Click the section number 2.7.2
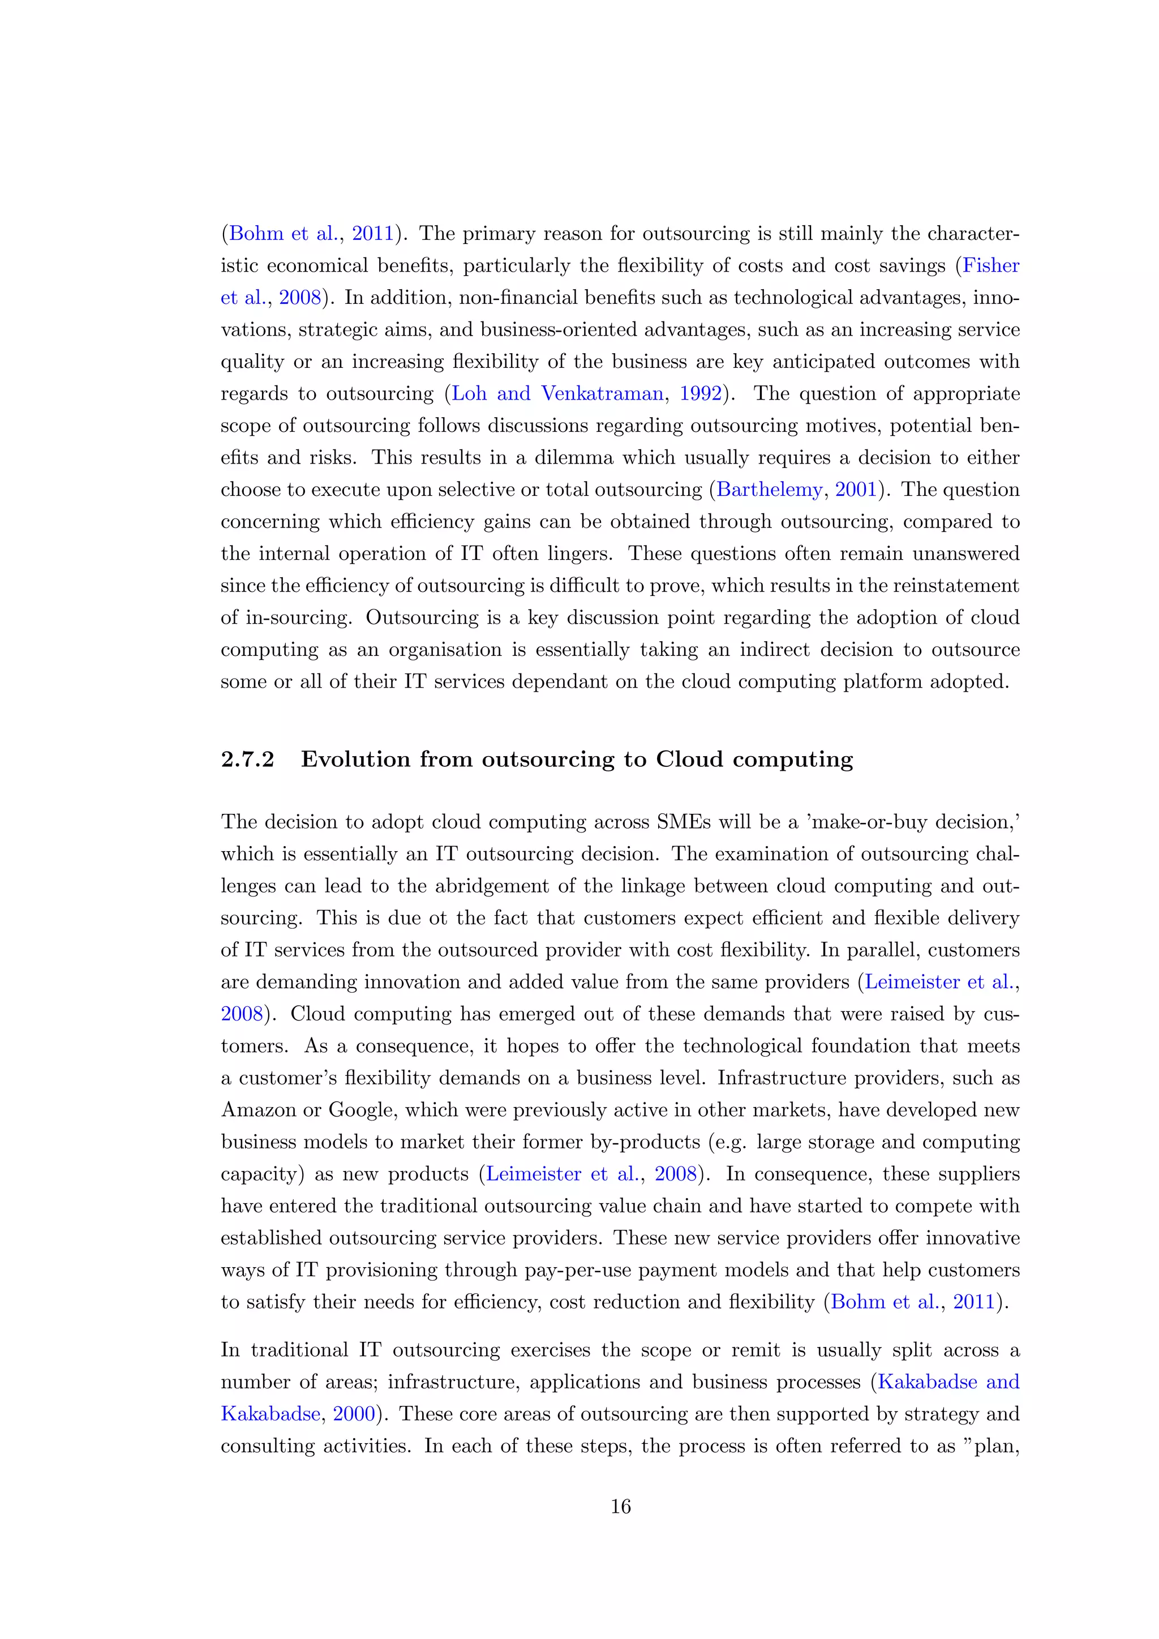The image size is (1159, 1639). click(x=248, y=760)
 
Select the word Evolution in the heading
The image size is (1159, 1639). click(x=355, y=760)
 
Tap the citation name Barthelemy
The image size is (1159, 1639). click(x=769, y=490)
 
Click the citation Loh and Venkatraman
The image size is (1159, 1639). click(x=557, y=394)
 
